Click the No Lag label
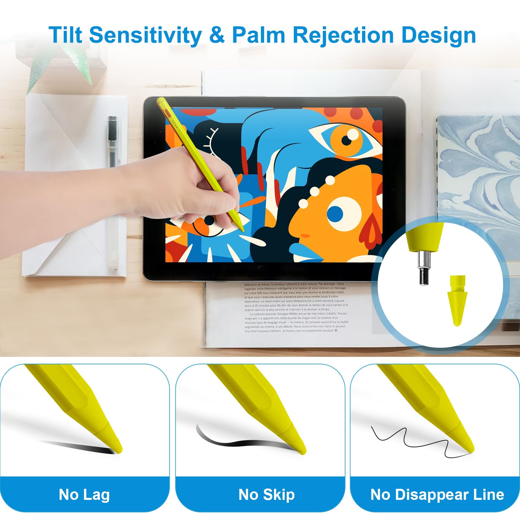84,495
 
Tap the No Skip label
266,495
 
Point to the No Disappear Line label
437,495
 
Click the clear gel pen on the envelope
112,192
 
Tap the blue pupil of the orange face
335,213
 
